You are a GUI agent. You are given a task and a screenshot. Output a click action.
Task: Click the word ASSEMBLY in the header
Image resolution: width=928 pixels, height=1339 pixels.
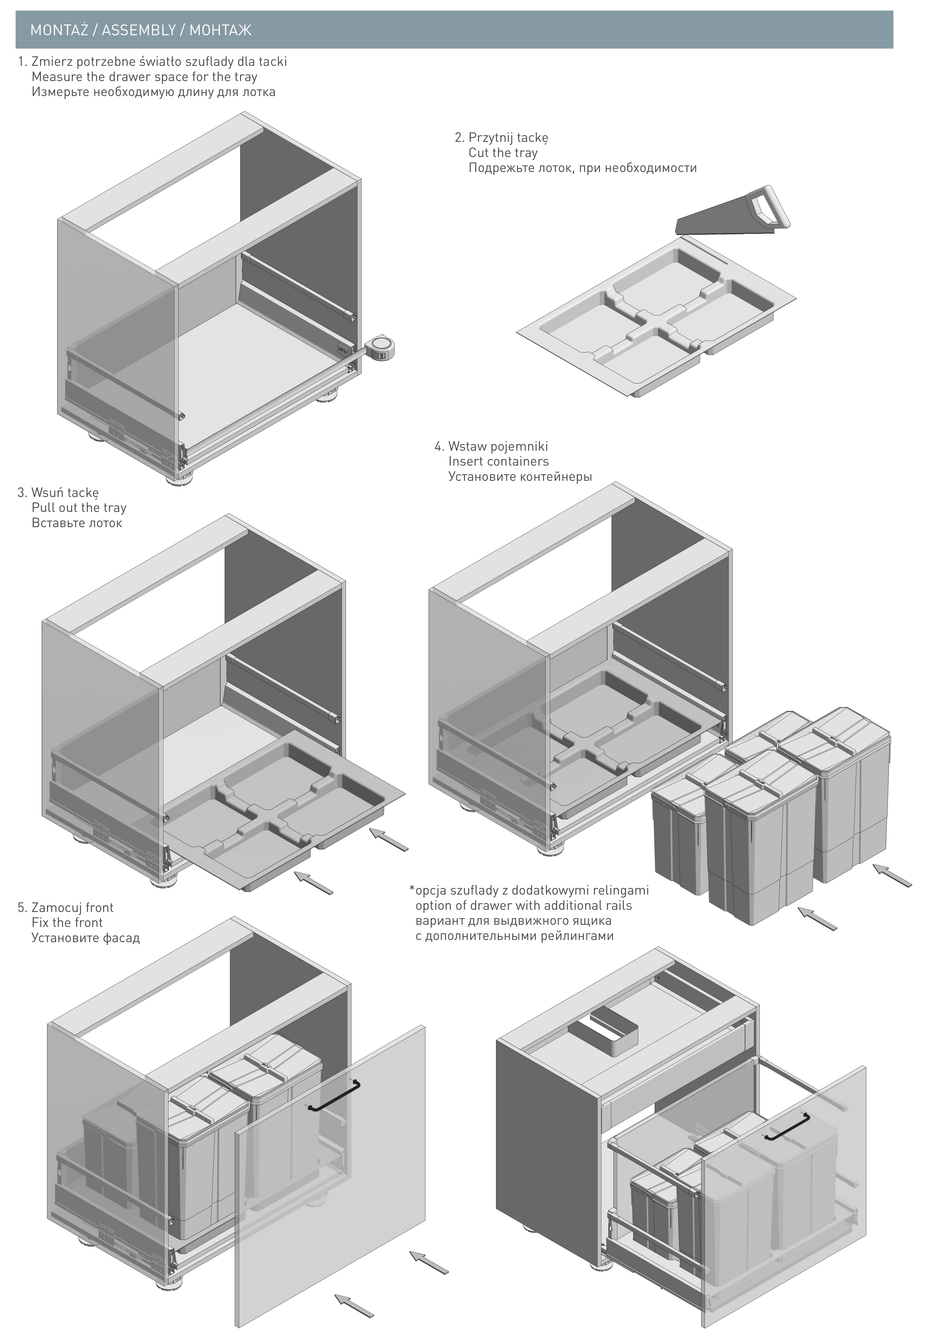tap(139, 30)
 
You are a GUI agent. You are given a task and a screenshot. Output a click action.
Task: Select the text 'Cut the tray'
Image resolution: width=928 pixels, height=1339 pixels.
tap(503, 153)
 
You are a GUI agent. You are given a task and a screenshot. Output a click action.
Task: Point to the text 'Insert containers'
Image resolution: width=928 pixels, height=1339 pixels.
tap(498, 462)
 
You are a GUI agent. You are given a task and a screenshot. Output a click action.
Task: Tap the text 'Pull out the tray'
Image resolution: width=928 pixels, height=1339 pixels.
tap(79, 507)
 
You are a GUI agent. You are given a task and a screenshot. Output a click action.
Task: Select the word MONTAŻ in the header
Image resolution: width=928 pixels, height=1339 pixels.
tap(59, 30)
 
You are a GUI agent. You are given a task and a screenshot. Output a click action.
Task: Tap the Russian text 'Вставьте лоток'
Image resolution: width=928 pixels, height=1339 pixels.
tap(77, 523)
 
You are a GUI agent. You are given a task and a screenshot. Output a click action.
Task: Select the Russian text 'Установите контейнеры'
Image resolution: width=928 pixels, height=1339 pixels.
tap(520, 476)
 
